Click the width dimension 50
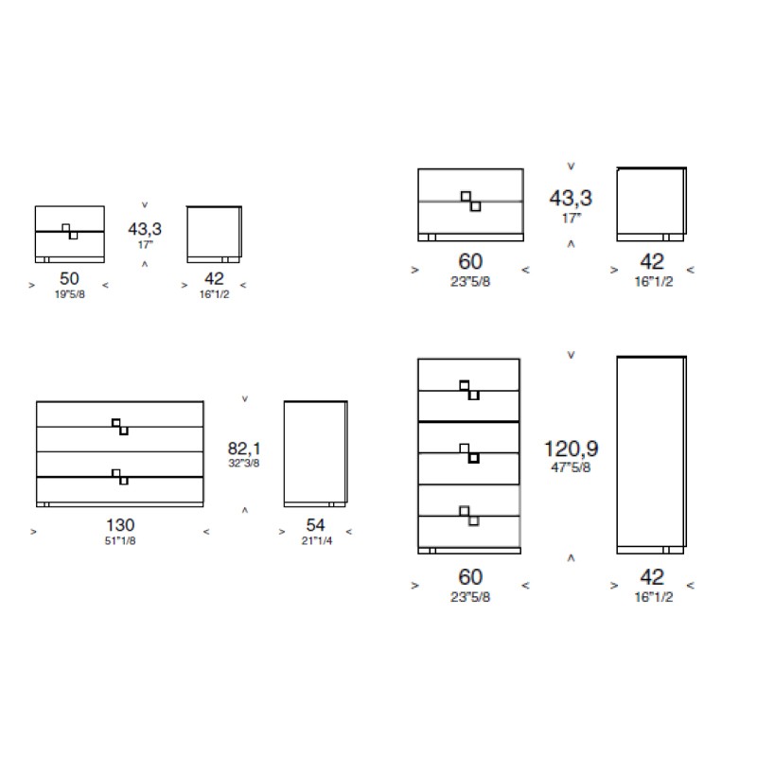[69, 278]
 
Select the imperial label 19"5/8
[69, 294]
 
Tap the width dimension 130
[120, 525]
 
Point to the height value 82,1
[244, 449]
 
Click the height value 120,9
[572, 449]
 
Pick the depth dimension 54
[315, 525]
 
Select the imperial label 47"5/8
[571, 467]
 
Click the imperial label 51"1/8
[120, 540]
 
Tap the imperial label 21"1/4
[317, 540]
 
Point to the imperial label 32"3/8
[244, 463]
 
